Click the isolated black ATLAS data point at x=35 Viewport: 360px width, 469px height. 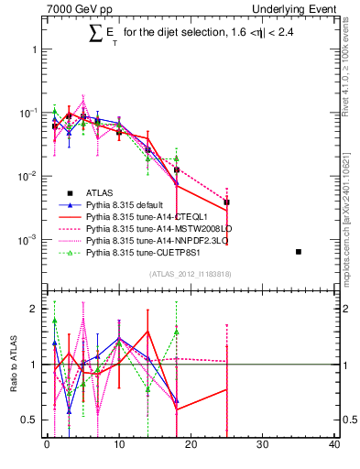[299, 252]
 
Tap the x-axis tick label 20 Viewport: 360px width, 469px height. [191, 446]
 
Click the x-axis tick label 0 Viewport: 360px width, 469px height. [47, 446]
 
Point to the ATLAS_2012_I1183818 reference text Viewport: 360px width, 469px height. [191, 274]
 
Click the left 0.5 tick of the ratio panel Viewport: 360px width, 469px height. [29, 420]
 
